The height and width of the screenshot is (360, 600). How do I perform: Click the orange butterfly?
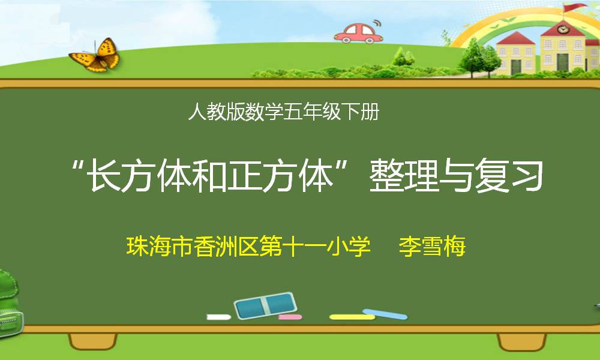point(95,56)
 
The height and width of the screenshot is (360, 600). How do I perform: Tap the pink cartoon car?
point(358,33)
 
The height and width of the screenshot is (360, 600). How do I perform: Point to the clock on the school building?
point(563,29)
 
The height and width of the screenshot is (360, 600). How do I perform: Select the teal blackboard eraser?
point(266,305)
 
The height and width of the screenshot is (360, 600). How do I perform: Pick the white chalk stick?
point(219,317)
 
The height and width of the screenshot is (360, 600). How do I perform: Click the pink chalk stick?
point(290,317)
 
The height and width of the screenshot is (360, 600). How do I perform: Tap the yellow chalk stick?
point(352,317)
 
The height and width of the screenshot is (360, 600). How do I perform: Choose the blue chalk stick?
point(385,314)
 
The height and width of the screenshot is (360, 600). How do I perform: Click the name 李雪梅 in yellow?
point(432,246)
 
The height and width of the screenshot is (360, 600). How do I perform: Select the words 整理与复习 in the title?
point(456,176)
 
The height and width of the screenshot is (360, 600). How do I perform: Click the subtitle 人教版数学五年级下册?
point(284,112)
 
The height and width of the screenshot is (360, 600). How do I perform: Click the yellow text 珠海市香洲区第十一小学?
point(248,246)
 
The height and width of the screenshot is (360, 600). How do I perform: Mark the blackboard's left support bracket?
point(92,341)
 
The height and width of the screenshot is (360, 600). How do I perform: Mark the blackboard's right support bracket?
point(521,341)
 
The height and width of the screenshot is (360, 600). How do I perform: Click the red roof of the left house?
point(515,38)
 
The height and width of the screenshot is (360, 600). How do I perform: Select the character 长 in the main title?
point(104,176)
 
